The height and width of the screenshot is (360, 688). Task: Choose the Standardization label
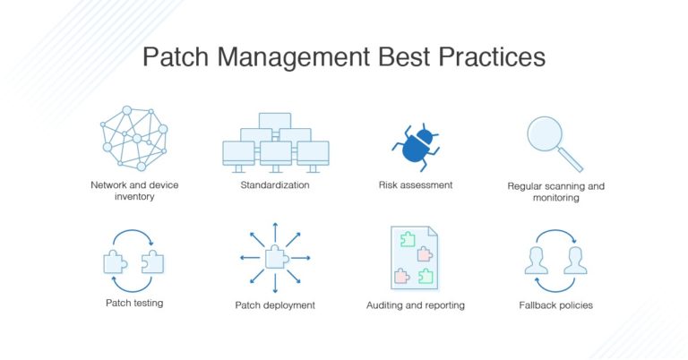tap(275, 185)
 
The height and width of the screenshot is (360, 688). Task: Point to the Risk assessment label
tap(415, 185)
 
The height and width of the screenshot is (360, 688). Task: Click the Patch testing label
tap(133, 303)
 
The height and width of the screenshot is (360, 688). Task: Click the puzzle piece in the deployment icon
tap(275, 258)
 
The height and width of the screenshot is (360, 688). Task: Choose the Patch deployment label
tap(275, 305)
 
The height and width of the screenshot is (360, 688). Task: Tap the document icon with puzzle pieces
tap(415, 256)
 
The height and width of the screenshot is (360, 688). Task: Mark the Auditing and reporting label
tap(415, 305)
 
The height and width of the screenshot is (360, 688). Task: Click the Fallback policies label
tap(555, 305)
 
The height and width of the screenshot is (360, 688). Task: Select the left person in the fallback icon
tap(536, 260)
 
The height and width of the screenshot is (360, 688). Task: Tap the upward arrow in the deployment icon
tap(275, 229)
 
